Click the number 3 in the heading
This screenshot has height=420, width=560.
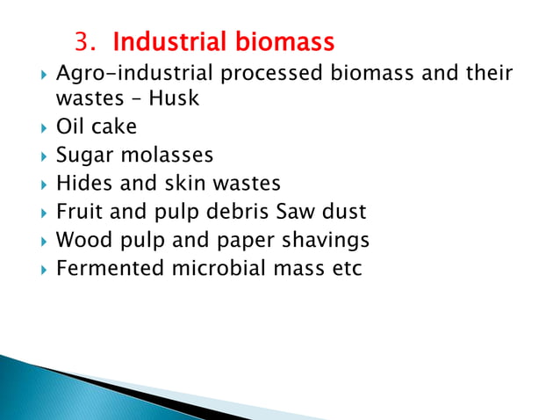[x=83, y=42]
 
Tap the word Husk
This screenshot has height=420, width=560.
[x=174, y=98]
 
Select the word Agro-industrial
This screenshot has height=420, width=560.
[x=134, y=71]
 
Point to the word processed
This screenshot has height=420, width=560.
[x=271, y=71]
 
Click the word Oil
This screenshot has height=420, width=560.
[x=70, y=127]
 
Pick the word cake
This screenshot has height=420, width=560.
[x=114, y=127]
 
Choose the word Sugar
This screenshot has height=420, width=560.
[x=83, y=156]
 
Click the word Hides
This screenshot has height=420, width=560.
[x=83, y=184]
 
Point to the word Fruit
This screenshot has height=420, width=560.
[x=80, y=212]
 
